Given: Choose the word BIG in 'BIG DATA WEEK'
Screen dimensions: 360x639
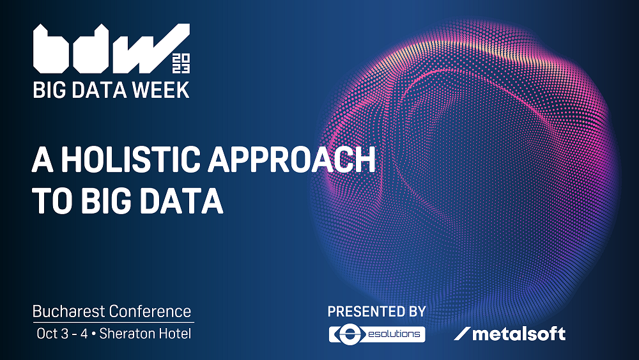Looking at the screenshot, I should [49, 90].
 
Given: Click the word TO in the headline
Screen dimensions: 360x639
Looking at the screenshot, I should [50, 200].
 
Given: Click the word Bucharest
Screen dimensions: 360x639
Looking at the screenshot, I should [69, 312].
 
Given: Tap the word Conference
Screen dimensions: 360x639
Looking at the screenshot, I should [150, 312].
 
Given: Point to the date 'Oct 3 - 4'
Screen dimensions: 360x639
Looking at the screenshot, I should [63, 333].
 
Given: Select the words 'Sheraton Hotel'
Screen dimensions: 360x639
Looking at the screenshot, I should [145, 333].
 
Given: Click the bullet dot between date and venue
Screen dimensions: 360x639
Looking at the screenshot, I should [94, 333].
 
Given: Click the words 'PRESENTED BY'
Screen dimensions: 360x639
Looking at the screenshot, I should [376, 312].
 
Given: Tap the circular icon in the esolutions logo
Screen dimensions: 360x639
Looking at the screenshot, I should [346, 334].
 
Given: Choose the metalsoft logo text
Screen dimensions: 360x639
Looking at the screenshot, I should [518, 334].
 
